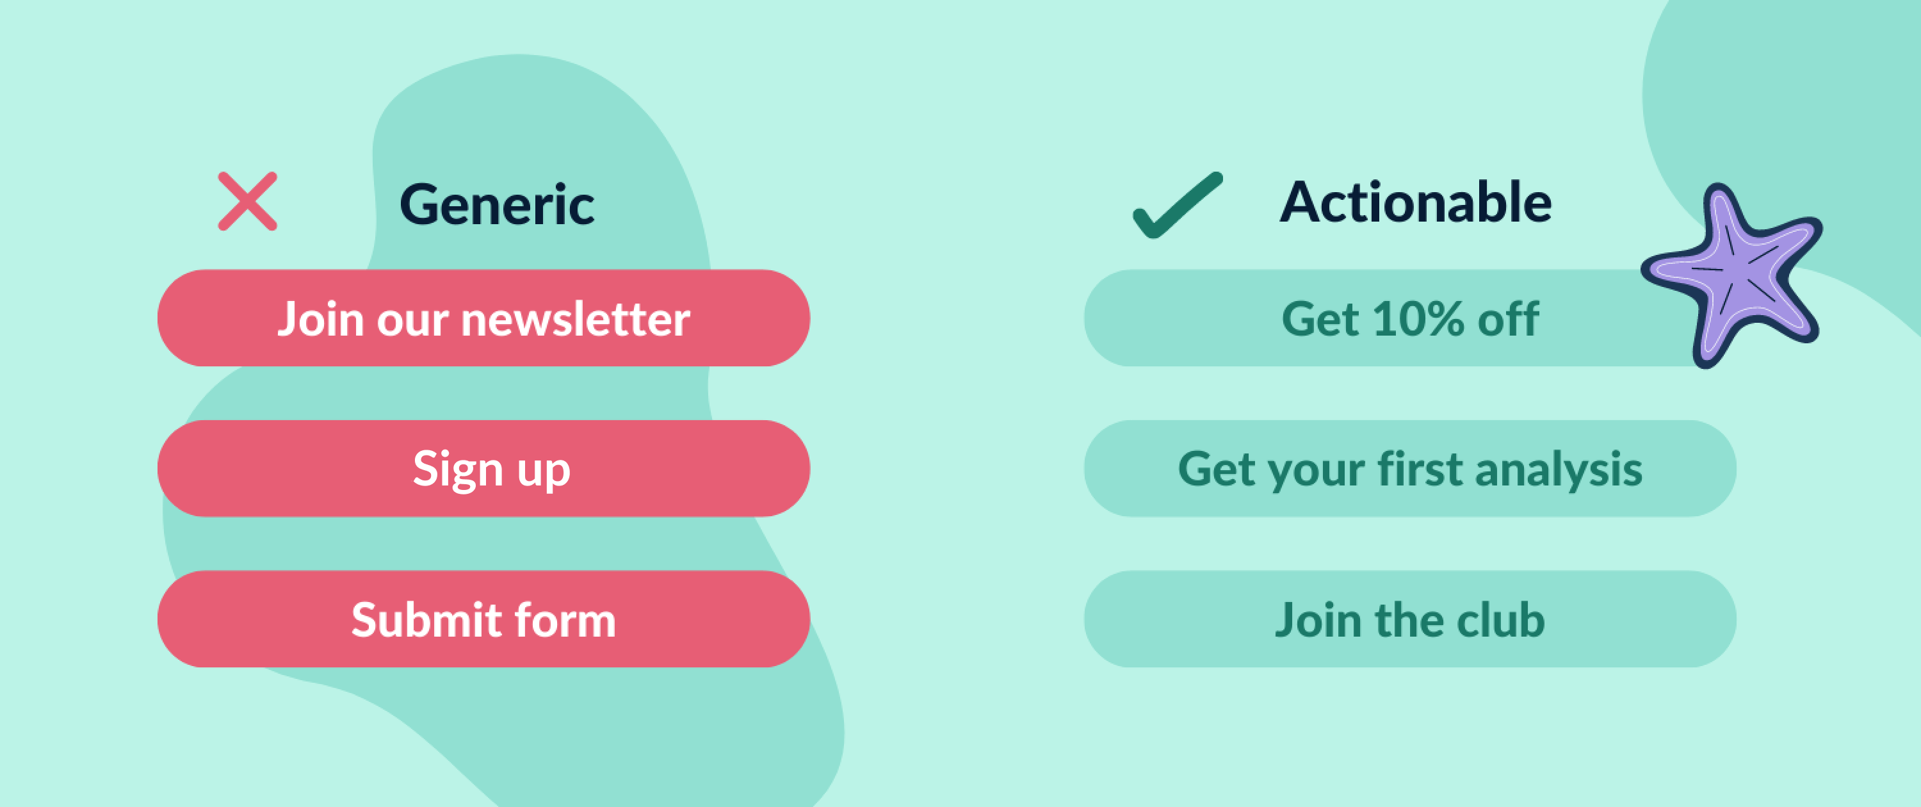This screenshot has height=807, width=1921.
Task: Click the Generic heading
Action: tap(497, 204)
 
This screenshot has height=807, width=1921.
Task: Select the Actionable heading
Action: tap(1415, 202)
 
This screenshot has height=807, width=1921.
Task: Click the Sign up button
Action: tap(484, 468)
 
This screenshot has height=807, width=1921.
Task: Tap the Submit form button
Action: tap(484, 619)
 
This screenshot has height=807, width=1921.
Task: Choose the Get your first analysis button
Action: tap(1410, 468)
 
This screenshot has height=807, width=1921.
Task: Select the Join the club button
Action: tap(1410, 619)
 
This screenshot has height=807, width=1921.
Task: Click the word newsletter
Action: tap(576, 319)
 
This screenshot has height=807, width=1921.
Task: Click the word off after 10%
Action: tap(1509, 319)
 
